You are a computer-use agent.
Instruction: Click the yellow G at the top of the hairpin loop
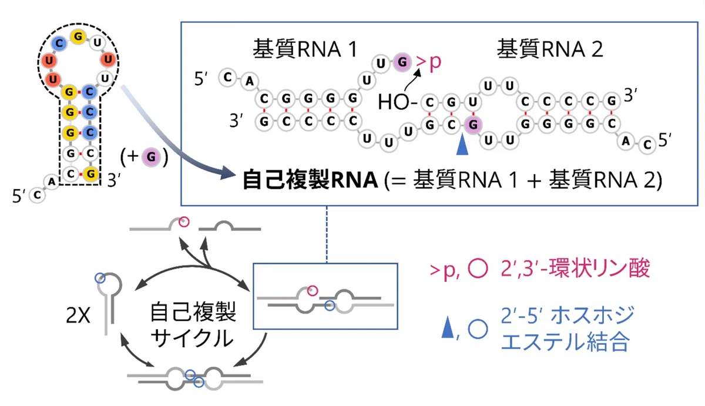coord(78,36)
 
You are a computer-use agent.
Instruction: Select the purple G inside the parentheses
coord(151,157)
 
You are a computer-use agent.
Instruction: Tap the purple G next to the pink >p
coord(402,62)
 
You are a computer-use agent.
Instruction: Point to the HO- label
coord(397,102)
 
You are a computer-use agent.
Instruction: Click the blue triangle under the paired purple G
coord(462,144)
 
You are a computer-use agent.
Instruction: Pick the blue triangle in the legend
coord(448,328)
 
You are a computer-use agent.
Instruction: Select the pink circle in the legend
coord(478,269)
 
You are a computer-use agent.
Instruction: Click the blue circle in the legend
coord(478,329)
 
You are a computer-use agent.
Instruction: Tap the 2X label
coord(78,315)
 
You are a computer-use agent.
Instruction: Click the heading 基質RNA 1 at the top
coord(305,49)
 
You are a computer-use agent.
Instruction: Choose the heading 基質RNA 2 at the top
coord(550,49)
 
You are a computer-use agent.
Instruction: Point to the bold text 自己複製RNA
coord(310,180)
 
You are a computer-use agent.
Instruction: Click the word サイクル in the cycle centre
coord(192,338)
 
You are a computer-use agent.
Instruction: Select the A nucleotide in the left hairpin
coord(52,182)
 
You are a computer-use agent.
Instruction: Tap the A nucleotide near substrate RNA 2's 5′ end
coord(626,141)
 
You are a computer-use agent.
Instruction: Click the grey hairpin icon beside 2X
coord(109,303)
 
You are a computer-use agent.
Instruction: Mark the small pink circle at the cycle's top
coord(184,222)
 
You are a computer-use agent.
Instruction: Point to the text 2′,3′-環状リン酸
coord(575,269)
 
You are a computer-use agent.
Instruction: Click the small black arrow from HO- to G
coord(411,81)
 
